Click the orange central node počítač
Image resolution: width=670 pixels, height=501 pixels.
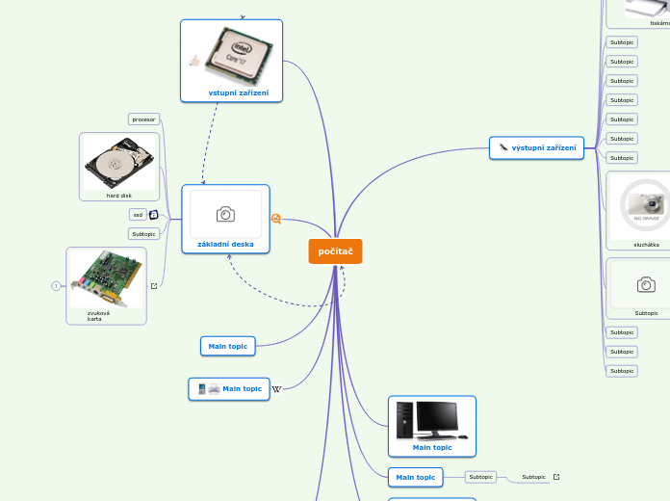click(x=335, y=251)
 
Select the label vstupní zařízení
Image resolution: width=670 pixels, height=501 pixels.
click(x=239, y=93)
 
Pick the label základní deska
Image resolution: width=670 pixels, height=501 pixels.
click(x=225, y=244)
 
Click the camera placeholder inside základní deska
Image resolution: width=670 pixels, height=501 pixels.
click(x=225, y=214)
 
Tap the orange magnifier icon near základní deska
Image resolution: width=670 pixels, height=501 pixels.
click(x=276, y=219)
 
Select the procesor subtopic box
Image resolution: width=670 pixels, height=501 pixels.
click(x=143, y=119)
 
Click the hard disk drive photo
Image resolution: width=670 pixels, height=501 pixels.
click(x=118, y=163)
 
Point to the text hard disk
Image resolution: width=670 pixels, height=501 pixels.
click(x=119, y=196)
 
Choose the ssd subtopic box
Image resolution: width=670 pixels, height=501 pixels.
click(x=138, y=215)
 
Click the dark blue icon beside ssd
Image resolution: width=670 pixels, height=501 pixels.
click(x=153, y=215)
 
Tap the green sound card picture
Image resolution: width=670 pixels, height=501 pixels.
click(x=106, y=278)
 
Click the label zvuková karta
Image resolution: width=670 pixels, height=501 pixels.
click(x=98, y=315)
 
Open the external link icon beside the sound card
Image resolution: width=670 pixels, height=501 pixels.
click(x=154, y=285)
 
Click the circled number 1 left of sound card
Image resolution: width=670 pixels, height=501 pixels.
click(x=56, y=285)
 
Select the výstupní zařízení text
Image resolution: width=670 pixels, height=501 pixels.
click(x=544, y=147)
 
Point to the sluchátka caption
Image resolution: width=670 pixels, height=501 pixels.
click(x=646, y=245)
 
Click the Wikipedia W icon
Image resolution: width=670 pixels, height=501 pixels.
click(x=276, y=389)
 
